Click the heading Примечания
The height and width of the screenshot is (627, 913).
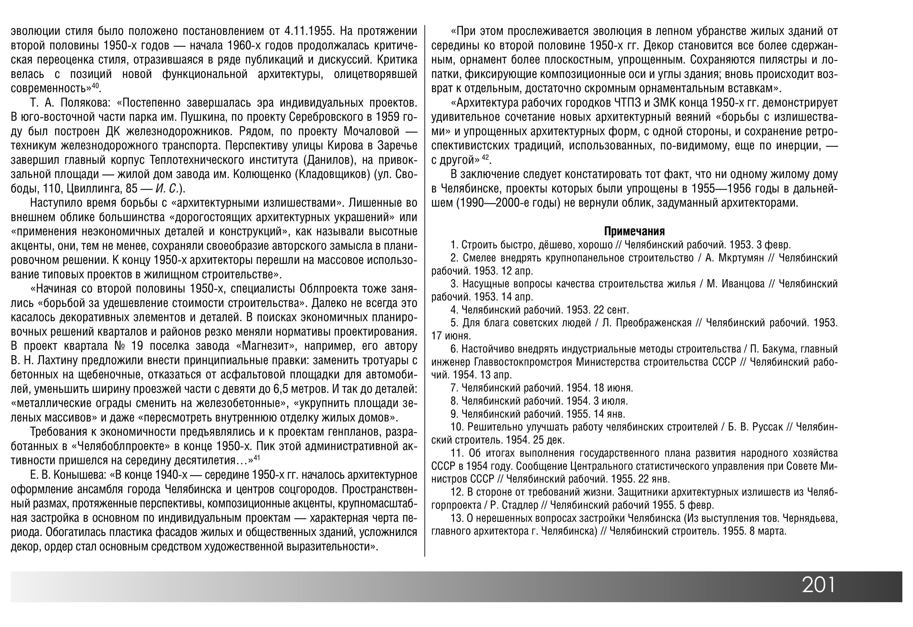634,231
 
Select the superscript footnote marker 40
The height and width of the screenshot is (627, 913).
95,85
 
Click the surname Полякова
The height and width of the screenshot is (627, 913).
86,103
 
